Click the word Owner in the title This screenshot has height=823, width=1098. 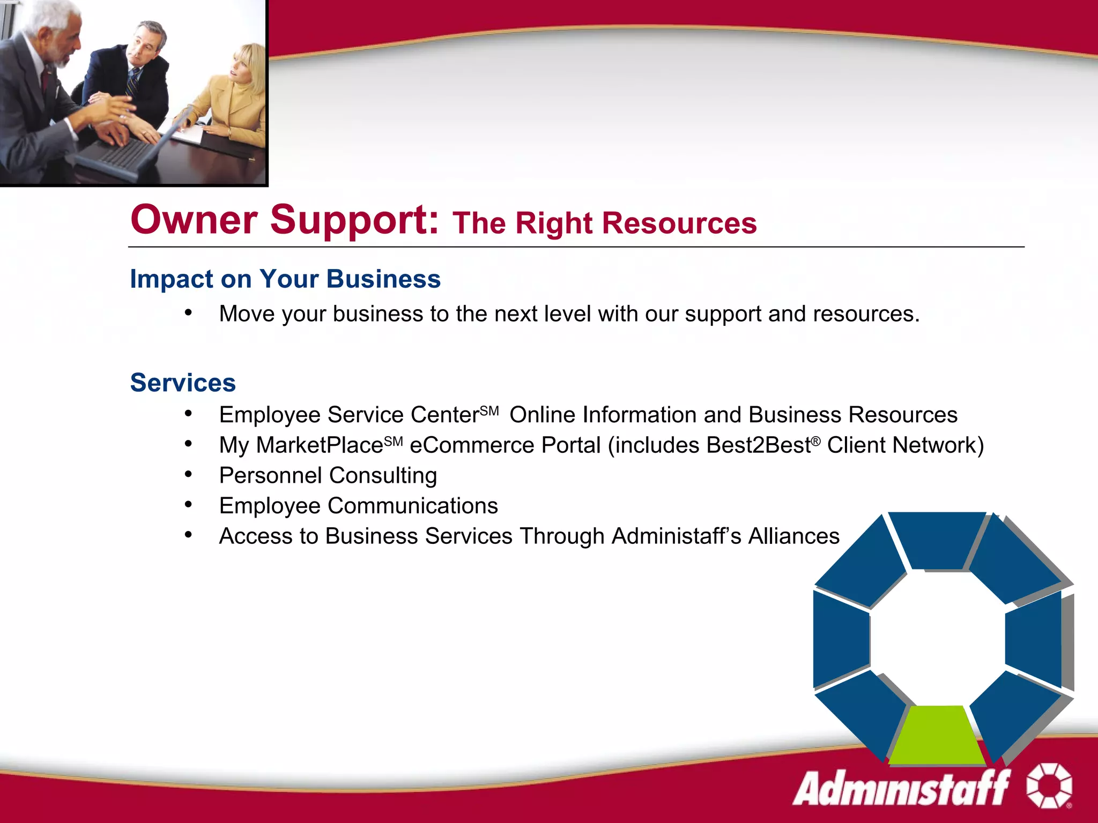point(194,220)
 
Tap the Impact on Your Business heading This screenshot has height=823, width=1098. point(285,279)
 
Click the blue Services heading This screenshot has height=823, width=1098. point(183,383)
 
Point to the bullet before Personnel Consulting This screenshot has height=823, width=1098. point(188,474)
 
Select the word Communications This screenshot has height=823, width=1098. point(412,506)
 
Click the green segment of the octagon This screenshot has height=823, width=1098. point(937,734)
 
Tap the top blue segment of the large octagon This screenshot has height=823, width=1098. point(937,538)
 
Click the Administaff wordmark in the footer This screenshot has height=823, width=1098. point(901,787)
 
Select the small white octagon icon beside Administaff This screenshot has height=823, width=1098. point(1049,785)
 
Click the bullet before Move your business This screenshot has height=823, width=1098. point(188,313)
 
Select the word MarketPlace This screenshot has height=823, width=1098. point(320,445)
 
